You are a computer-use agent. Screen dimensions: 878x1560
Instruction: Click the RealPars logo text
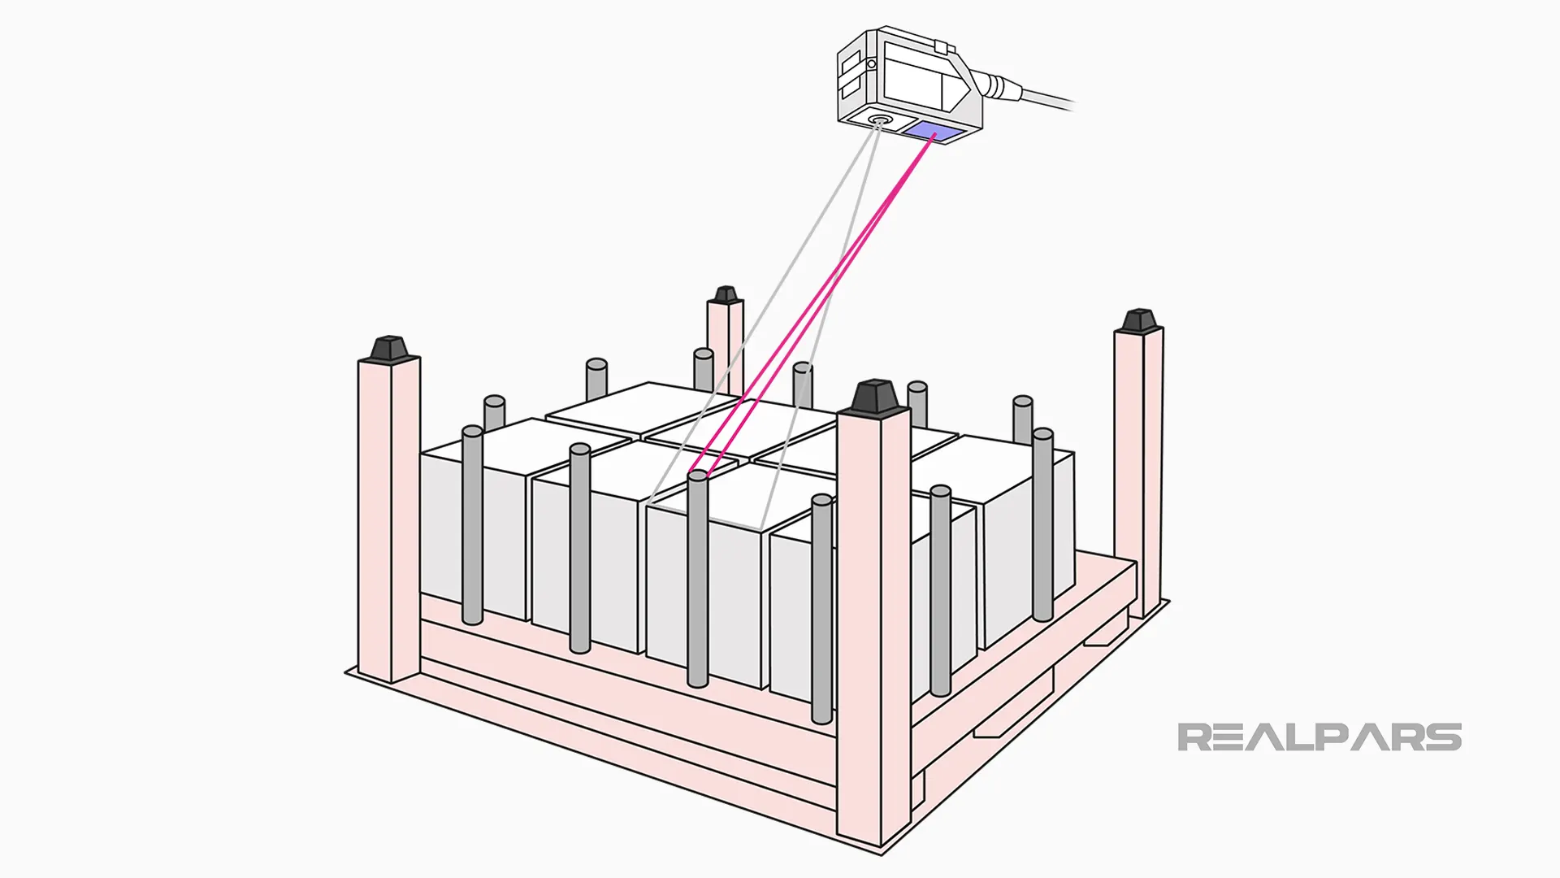[1319, 737]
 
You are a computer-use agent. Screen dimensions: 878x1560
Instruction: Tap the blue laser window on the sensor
[934, 132]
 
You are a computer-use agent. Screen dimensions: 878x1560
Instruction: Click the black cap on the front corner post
[874, 396]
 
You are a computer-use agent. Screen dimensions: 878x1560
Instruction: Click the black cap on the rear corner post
[725, 294]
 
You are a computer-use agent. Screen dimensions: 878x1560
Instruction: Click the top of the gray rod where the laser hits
[697, 476]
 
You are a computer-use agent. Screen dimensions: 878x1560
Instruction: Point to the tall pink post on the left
[388, 520]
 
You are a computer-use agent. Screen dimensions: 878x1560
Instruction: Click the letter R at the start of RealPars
[1194, 737]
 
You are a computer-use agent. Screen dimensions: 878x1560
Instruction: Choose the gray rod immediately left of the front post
[821, 610]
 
